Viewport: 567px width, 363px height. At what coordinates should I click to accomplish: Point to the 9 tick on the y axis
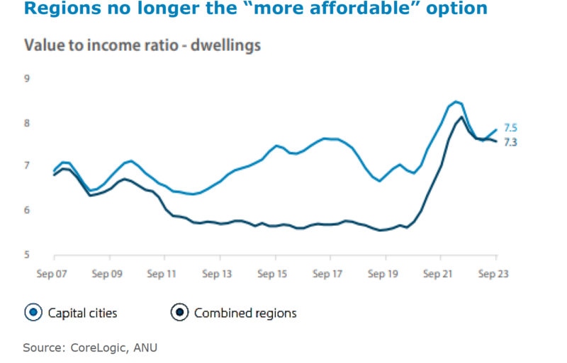pos(28,79)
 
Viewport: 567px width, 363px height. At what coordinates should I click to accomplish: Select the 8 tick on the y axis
pos(28,122)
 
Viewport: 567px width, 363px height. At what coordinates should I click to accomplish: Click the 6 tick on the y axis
pos(28,210)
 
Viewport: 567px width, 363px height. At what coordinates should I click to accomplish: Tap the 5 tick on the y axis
pos(28,254)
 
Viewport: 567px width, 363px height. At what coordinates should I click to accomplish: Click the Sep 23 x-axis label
pos(495,272)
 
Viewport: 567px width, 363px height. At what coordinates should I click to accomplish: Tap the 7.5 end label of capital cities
pos(510,128)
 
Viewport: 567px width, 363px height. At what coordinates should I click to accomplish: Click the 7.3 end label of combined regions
pos(510,143)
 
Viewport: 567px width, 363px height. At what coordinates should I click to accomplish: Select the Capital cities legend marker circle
pos(33,312)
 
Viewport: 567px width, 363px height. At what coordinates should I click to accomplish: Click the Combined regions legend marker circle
pos(180,312)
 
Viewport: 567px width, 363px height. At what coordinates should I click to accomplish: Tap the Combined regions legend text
pos(245,313)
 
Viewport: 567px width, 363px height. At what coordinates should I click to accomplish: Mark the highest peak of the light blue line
pos(455,102)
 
